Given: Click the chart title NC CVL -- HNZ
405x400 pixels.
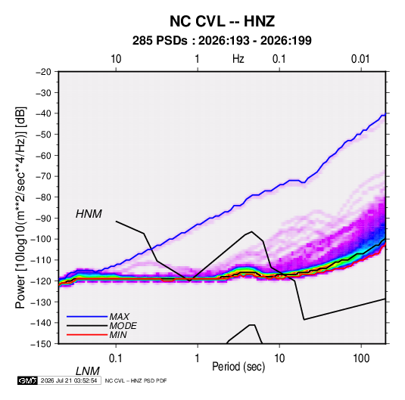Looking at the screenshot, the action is click(222, 21).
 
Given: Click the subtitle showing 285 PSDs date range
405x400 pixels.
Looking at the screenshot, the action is click(222, 41).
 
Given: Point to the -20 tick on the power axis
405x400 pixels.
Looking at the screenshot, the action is click(43, 72).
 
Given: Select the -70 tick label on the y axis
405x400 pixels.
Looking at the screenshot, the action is click(43, 176).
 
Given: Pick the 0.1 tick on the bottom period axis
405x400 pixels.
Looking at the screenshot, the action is click(116, 358).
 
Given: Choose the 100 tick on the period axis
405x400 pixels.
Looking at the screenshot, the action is click(361, 358).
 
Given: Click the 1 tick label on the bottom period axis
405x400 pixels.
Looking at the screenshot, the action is click(198, 358).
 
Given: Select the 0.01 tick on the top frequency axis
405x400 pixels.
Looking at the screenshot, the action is click(360, 59).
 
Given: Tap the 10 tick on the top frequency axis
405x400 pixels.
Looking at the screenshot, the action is click(116, 59).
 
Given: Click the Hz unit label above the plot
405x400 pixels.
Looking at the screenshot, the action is click(238, 59).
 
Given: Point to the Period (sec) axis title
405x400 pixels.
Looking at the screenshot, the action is click(238, 367).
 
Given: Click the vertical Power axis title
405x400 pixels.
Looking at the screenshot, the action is click(20, 207).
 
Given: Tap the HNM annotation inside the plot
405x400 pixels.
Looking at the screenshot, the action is click(89, 214).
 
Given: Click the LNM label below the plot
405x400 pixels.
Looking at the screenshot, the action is click(88, 371).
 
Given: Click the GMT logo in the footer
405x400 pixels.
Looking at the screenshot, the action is click(27, 380).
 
